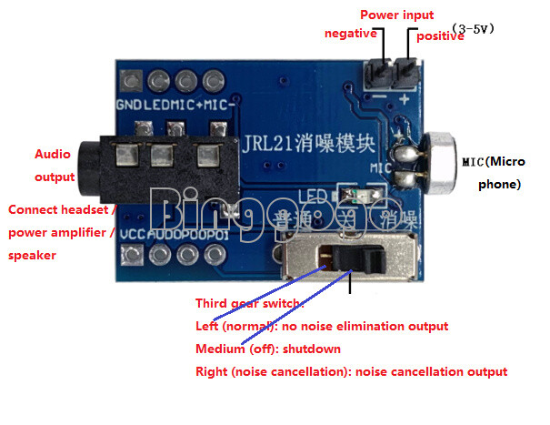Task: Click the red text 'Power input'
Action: tap(396, 15)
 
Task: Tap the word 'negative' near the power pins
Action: tap(350, 34)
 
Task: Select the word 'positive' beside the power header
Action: tap(439, 35)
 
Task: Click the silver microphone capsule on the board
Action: tap(440, 164)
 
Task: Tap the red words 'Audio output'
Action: tap(54, 165)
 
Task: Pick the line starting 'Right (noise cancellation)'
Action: tap(351, 371)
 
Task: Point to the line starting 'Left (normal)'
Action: tap(322, 326)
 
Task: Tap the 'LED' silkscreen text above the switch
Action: tap(310, 195)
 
